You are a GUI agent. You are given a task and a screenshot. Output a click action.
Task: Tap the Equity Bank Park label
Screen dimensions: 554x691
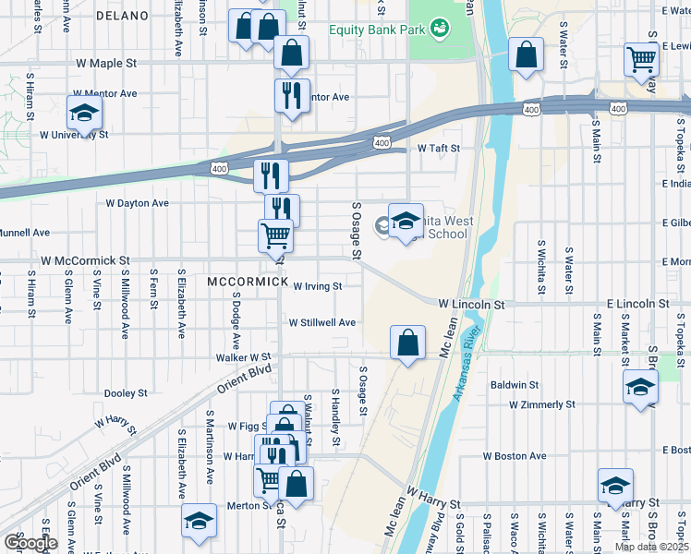[377, 30]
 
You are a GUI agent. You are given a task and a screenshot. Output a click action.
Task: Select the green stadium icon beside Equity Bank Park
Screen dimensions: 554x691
[440, 30]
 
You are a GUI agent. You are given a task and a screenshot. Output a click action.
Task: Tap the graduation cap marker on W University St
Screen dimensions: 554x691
[84, 114]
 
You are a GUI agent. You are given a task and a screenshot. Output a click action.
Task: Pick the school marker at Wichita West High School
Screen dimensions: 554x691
[405, 223]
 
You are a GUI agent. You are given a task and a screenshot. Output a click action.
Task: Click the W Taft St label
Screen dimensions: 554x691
[438, 148]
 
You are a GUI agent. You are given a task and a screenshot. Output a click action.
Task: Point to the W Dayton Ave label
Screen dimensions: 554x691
[137, 203]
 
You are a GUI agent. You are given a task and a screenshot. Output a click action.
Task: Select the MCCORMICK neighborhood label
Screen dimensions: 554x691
[243, 281]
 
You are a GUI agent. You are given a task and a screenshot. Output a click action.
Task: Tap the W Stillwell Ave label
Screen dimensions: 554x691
[321, 323]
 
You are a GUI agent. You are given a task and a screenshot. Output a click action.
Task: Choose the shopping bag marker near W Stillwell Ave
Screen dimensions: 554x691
[407, 344]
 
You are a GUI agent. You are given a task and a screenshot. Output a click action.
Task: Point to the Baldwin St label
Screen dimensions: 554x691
[515, 384]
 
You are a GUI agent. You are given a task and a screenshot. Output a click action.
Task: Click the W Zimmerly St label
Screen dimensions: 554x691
[541, 404]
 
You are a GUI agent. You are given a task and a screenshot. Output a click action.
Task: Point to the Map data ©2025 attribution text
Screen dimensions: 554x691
[651, 547]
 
